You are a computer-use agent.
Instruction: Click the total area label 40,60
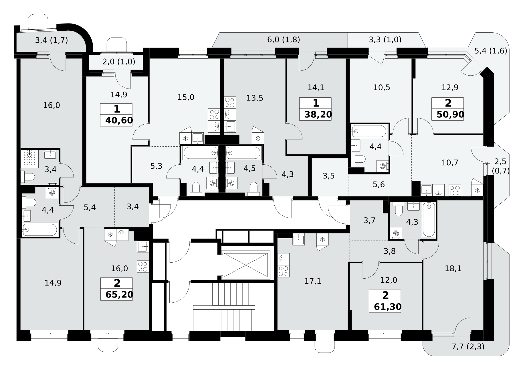tap(119, 120)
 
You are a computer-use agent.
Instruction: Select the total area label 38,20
tap(318, 115)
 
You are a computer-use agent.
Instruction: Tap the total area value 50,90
tap(450, 115)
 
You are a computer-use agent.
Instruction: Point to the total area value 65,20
tap(119, 295)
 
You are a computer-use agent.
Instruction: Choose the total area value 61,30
tap(388, 307)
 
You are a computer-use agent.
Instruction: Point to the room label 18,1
tap(453, 269)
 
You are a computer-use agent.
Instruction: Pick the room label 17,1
tap(313, 281)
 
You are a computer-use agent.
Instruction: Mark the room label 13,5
tap(255, 98)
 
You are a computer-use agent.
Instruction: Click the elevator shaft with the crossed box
tap(246, 265)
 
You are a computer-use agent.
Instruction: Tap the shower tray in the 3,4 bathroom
tap(30, 158)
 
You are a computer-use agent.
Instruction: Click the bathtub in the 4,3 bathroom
tap(429, 220)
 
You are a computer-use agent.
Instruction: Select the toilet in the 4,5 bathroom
tap(253, 189)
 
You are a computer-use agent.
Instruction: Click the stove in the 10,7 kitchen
tap(455, 190)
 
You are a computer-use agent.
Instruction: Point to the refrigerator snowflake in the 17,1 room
tap(322, 239)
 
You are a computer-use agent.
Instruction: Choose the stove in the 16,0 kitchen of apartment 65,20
tap(142, 267)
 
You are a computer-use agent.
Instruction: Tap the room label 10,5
tap(382, 87)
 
